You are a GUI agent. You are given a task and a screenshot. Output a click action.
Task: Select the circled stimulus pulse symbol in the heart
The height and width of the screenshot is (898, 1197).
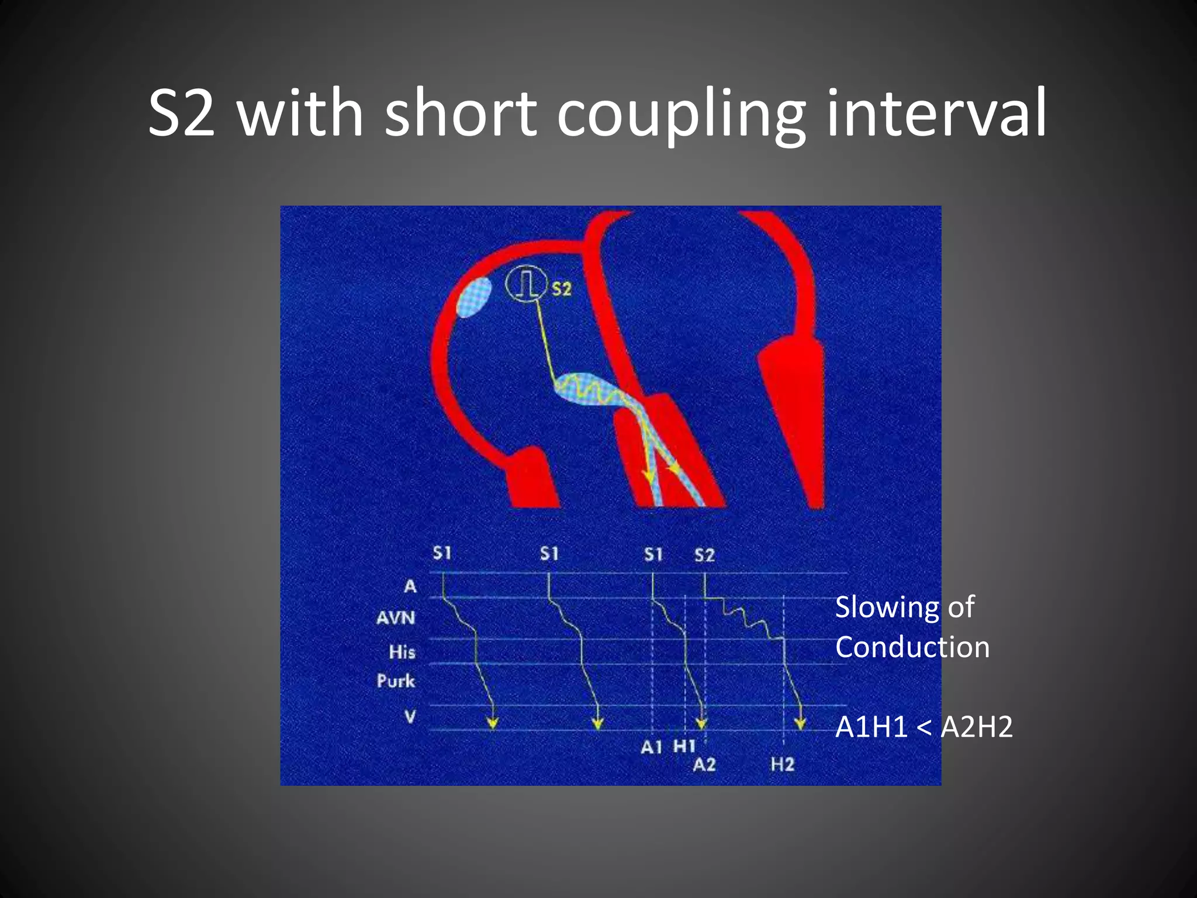click(x=524, y=284)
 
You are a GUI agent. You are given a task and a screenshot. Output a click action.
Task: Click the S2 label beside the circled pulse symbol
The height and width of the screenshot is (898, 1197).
click(x=561, y=288)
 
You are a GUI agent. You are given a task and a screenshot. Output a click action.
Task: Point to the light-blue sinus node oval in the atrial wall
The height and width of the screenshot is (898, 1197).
click(x=474, y=297)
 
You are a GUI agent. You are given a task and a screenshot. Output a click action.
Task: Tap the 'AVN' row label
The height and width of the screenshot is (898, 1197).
click(x=396, y=617)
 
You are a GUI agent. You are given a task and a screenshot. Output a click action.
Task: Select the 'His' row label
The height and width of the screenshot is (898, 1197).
click(x=402, y=651)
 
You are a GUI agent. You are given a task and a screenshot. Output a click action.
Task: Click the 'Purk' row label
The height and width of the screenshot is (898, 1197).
click(x=396, y=681)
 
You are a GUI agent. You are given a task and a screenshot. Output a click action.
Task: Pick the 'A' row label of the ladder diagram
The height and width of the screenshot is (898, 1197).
click(x=410, y=586)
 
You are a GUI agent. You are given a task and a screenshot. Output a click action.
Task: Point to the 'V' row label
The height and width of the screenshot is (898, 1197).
click(x=410, y=716)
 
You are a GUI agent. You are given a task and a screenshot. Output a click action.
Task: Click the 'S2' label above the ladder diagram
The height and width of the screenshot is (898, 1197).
click(x=704, y=555)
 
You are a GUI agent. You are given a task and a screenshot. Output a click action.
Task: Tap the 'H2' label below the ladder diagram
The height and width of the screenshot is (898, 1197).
click(x=783, y=764)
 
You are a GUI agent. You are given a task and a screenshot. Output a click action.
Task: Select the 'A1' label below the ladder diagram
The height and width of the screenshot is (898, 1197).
click(x=652, y=747)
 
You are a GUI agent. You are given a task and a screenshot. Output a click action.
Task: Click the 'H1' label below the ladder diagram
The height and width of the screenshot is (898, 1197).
click(x=684, y=746)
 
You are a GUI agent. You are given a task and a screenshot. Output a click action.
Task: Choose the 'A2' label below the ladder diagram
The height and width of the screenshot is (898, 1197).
click(x=704, y=764)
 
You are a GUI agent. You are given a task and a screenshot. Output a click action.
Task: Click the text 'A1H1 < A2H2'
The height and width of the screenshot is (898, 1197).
click(x=923, y=727)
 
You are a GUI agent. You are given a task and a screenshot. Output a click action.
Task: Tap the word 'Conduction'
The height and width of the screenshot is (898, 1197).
click(x=912, y=647)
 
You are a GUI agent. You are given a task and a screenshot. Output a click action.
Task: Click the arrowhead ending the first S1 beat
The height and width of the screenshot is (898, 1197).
click(x=493, y=724)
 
